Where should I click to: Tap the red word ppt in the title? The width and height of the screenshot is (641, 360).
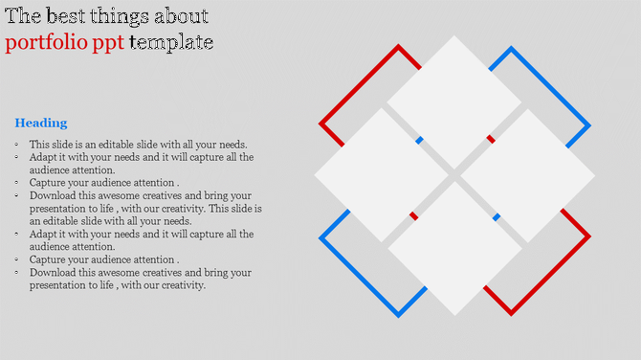click(x=106, y=43)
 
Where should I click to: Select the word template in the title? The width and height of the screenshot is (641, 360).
click(x=171, y=43)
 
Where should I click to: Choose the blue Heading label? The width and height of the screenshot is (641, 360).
click(x=41, y=123)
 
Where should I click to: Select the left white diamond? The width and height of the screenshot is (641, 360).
click(x=381, y=175)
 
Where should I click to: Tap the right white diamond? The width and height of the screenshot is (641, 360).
click(x=527, y=175)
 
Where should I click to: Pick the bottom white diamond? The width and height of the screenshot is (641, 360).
click(x=454, y=248)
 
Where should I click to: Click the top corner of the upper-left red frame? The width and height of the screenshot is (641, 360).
click(x=398, y=46)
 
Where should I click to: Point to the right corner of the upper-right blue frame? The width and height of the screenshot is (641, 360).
click(x=588, y=125)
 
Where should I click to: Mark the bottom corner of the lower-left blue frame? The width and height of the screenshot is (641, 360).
click(x=398, y=314)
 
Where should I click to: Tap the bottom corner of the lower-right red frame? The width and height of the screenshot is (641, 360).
click(x=511, y=313)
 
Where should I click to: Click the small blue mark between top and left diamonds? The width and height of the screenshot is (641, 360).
click(x=419, y=141)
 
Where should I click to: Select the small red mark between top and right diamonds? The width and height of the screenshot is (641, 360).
click(x=491, y=140)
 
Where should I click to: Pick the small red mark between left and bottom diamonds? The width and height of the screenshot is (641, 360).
click(x=414, y=215)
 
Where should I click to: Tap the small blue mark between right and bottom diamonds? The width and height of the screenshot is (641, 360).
click(x=496, y=217)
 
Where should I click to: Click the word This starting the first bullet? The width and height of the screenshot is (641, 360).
click(x=40, y=145)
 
